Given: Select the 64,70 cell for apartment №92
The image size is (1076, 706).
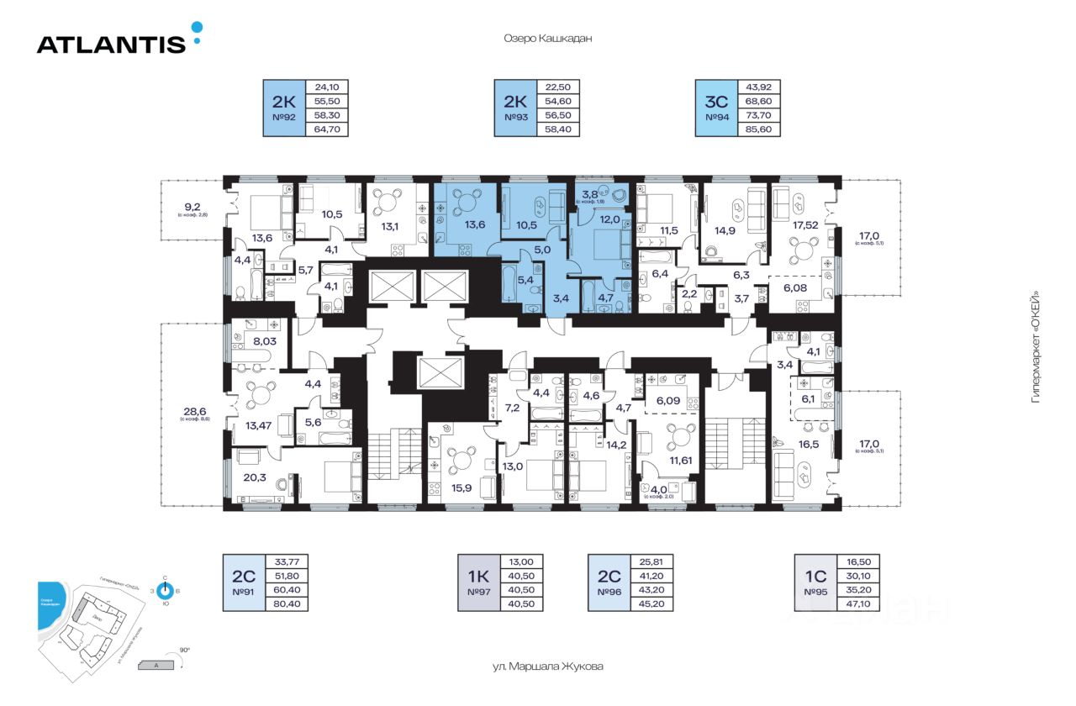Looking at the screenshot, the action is click(x=330, y=129).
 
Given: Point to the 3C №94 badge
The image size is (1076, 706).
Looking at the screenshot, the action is click(x=715, y=108).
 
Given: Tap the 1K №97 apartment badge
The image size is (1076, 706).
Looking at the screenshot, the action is click(x=478, y=582).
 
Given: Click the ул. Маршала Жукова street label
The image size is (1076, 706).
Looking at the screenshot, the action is click(x=547, y=666).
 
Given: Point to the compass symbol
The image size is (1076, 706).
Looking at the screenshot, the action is click(x=165, y=591).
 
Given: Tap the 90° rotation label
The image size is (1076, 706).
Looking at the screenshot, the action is click(x=184, y=650).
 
